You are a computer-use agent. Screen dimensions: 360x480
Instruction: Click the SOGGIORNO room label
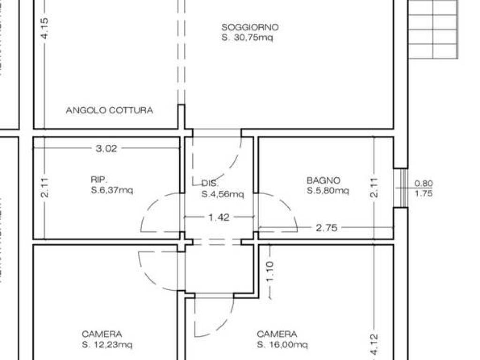[250, 27]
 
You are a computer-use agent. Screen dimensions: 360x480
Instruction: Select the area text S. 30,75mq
[247, 38]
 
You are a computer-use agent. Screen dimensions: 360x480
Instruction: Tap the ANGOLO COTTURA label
[109, 111]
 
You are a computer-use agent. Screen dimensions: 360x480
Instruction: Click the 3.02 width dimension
[106, 149]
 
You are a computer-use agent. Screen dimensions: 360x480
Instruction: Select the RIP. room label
[99, 180]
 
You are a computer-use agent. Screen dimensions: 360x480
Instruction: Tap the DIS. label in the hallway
[210, 183]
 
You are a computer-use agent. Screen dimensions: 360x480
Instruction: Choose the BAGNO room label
[323, 180]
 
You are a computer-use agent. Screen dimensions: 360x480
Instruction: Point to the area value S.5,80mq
[328, 190]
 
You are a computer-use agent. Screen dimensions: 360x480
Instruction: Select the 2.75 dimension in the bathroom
[327, 228]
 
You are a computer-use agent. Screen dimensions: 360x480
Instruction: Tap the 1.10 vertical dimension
[271, 271]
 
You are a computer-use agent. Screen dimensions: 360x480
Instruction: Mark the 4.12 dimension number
[375, 345]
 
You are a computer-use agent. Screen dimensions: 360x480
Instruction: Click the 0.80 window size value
[424, 184]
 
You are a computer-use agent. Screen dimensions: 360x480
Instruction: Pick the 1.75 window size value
[424, 193]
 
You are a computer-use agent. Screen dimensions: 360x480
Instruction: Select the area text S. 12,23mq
[107, 345]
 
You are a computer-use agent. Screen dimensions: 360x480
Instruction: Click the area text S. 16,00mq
[282, 345]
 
